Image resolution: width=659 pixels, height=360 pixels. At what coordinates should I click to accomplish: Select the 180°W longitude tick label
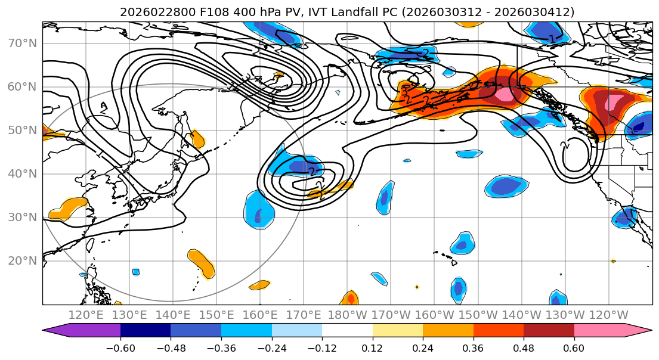(347, 315)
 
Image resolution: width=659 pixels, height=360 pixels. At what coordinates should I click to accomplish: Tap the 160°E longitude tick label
(260, 315)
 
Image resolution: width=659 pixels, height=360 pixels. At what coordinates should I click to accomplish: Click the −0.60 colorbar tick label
(120, 347)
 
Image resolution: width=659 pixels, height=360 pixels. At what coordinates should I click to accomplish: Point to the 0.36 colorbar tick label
(473, 347)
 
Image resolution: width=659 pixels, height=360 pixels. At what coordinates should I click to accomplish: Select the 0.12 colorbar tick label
(372, 347)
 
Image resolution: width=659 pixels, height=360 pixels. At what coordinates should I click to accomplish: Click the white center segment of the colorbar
(347, 331)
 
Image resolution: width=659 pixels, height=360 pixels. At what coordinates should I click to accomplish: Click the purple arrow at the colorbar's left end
(57, 331)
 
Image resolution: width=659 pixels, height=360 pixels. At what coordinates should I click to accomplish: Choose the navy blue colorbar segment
(146, 331)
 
